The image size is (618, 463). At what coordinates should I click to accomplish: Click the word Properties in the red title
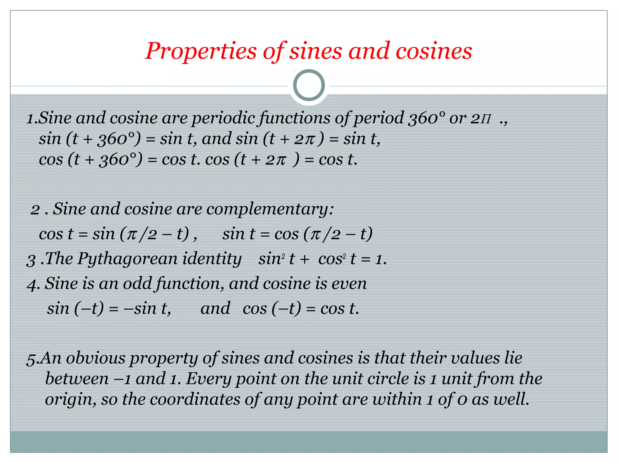point(201,51)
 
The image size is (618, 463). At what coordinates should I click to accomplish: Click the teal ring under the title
point(309,85)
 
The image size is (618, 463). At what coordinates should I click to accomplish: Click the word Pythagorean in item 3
point(127,259)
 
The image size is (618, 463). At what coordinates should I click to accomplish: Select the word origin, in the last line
point(71,399)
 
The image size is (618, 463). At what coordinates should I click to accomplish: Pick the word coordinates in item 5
point(195,399)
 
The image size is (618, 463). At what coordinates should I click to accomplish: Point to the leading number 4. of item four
point(33,284)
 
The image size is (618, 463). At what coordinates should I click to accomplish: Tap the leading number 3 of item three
point(31,260)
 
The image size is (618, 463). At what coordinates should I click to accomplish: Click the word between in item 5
point(77,379)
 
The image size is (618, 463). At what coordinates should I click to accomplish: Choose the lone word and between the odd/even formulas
point(215,309)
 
